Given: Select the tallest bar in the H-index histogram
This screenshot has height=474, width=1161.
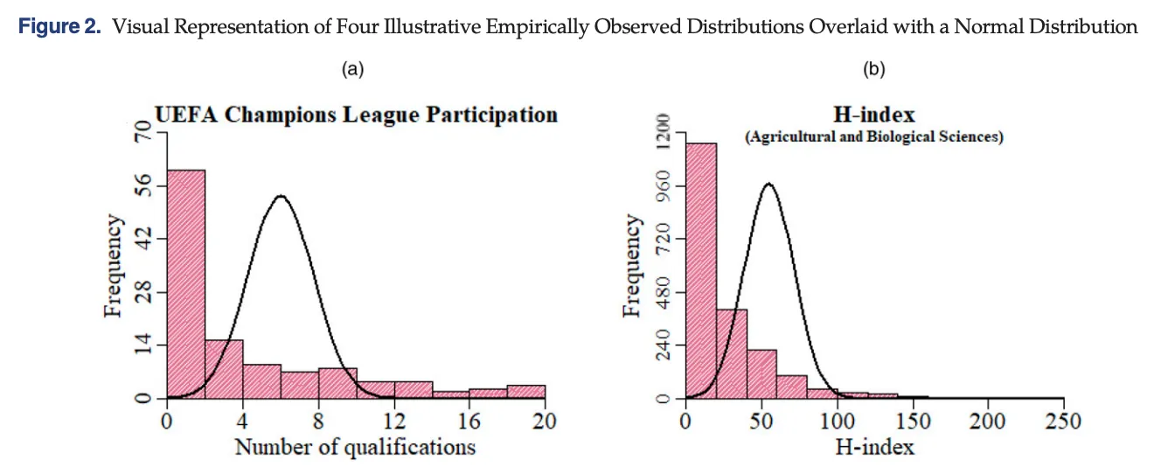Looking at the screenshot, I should tap(701, 271).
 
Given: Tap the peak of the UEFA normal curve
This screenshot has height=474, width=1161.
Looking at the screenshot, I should tap(280, 196).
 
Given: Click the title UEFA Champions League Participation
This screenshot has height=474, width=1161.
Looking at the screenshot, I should tap(356, 115).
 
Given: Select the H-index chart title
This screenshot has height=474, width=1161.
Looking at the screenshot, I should tap(874, 115).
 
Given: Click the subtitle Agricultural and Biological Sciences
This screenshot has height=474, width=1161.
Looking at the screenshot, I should tap(874, 137).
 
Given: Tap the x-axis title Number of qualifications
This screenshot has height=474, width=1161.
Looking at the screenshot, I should tap(355, 447).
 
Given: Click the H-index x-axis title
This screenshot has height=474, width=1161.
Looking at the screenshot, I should tap(874, 447).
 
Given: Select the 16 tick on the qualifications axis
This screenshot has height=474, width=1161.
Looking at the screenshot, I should tap(469, 422).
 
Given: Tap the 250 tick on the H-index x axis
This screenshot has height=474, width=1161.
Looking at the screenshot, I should tap(1063, 422).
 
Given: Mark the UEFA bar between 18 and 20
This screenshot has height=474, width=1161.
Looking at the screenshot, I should tap(526, 392).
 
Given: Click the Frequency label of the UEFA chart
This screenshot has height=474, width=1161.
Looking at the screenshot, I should tap(113, 266).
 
